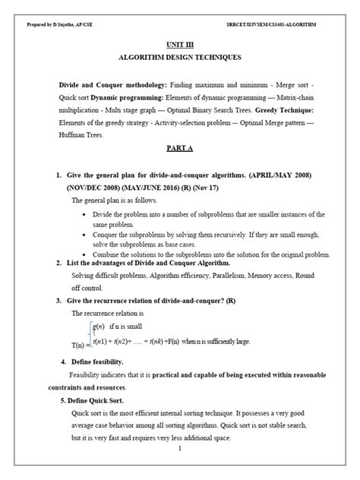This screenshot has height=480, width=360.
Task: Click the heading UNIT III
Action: [179, 44]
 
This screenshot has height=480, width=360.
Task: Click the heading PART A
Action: [179, 149]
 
